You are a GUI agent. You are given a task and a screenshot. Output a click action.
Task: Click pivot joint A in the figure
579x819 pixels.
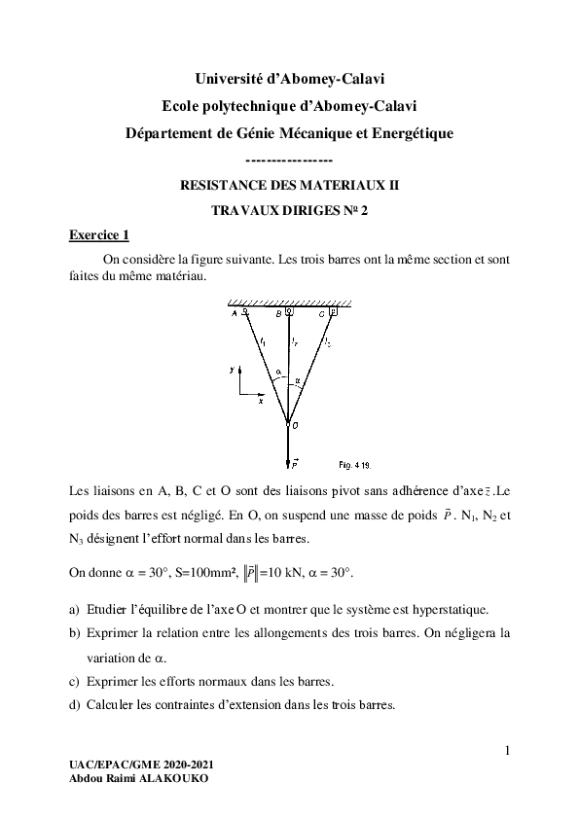tap(245, 312)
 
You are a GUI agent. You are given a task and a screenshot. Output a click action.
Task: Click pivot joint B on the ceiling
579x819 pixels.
tap(289, 312)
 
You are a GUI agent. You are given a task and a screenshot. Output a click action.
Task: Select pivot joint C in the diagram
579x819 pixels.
tap(333, 312)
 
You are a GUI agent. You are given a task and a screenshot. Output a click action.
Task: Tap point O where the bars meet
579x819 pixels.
tap(289, 423)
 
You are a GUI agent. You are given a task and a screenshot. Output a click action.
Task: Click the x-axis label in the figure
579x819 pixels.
tap(261, 400)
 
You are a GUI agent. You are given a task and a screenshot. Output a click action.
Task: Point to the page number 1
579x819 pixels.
tap(507, 749)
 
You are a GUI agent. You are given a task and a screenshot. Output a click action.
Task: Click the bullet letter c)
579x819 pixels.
tap(74, 680)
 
